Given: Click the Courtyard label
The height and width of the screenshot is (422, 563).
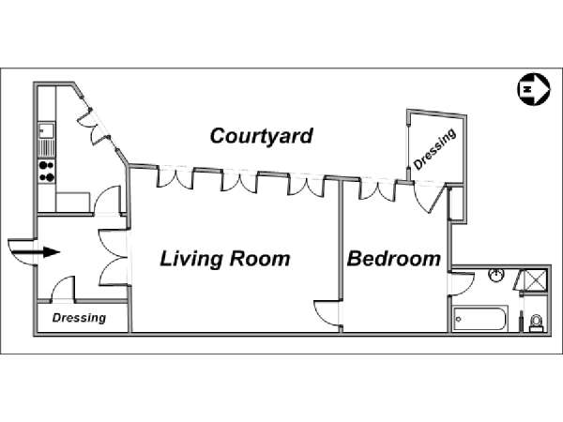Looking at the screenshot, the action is [x=262, y=136].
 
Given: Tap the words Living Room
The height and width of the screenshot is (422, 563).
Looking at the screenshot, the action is [x=225, y=259].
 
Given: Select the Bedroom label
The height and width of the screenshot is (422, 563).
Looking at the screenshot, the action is [x=394, y=259].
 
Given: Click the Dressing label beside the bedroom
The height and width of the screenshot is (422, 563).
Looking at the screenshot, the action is [x=435, y=149].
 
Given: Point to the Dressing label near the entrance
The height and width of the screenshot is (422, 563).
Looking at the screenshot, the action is [x=79, y=318].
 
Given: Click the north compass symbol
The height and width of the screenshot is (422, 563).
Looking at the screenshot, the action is [x=534, y=89].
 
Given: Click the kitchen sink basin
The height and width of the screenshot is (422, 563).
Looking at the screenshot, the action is [x=47, y=130].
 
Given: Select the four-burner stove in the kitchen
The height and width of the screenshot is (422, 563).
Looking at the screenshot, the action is [x=47, y=172].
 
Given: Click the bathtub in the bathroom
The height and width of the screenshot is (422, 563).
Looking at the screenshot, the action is [x=479, y=319].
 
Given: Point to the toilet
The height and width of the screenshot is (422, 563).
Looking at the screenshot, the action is [x=537, y=323].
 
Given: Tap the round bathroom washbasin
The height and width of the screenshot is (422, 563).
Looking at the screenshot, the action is [x=496, y=276].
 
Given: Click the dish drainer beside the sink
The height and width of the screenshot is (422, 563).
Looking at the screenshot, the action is [x=47, y=148].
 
